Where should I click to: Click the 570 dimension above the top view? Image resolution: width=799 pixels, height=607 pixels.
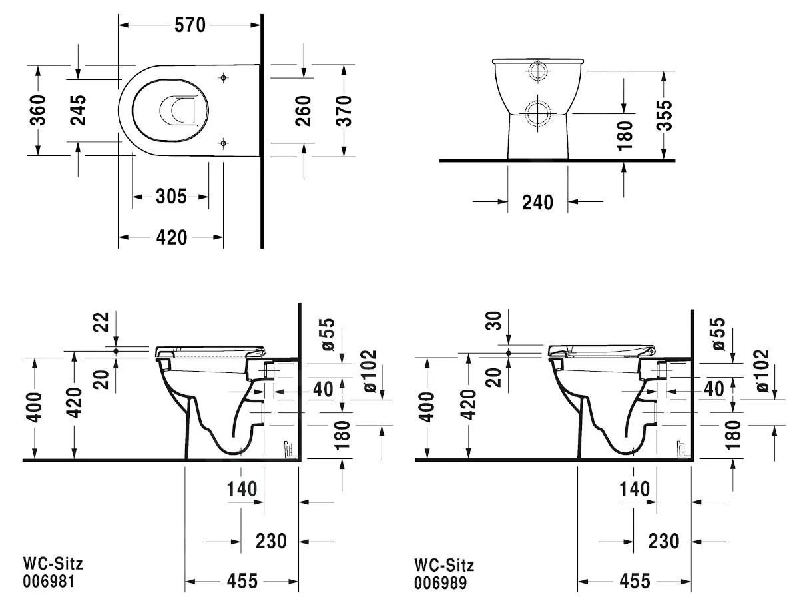tap(190, 25)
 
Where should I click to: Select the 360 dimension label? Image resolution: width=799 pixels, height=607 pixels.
tap(38, 110)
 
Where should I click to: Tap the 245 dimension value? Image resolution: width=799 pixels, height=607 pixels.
tap(79, 110)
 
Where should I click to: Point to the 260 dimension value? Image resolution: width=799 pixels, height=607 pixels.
tap(303, 111)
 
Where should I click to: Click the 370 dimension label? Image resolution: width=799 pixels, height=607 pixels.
tap(344, 111)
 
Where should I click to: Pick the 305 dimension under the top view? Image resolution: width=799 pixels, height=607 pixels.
tap(171, 197)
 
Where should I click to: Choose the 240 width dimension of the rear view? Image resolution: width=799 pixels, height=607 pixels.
tap(537, 202)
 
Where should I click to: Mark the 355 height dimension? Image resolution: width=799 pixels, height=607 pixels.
tap(664, 115)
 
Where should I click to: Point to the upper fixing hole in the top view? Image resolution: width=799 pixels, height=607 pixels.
tap(223, 78)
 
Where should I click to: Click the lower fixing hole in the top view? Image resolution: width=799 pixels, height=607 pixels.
tap(223, 141)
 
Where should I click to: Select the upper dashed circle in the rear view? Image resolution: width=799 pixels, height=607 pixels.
tap(537, 72)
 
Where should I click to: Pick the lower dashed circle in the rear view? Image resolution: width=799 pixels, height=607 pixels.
tap(537, 114)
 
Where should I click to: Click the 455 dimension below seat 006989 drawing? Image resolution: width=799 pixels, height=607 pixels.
tap(634, 581)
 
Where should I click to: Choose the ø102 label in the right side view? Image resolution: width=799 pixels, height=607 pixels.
tap(762, 370)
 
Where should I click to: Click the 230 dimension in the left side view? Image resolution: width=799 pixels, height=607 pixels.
tap(271, 541)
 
